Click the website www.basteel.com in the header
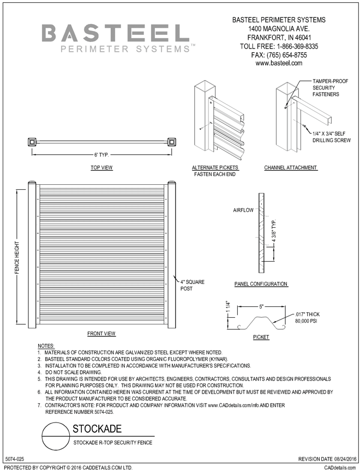279,63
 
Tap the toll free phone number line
279,46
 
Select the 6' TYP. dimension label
102,154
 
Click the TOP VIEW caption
101,168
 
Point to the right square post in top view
172,142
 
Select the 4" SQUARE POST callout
193,285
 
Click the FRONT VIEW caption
101,333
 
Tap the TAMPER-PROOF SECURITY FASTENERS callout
326,87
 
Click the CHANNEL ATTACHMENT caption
290,168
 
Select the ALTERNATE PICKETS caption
215,168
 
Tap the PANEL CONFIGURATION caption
261,284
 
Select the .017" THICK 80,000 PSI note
307,318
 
